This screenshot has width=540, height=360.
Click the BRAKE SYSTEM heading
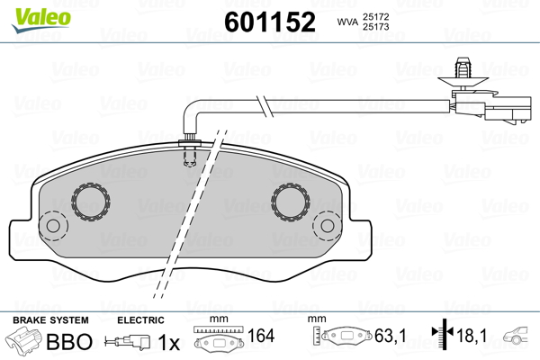pyautogui.click(x=50, y=320)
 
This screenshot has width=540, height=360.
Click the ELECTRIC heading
pyautogui.click(x=140, y=320)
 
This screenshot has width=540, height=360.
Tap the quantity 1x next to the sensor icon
pyautogui.click(x=168, y=342)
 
